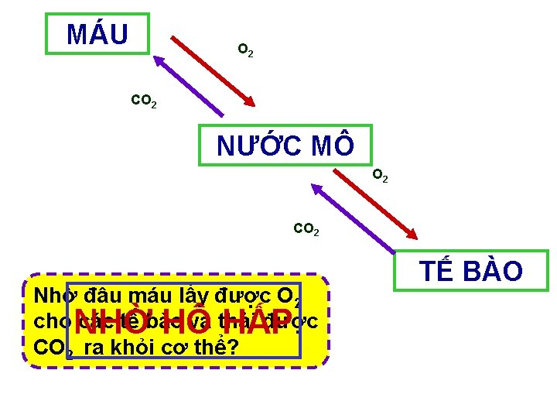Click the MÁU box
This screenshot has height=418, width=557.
pyautogui.click(x=97, y=33)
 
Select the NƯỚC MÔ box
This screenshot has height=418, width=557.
pyautogui.click(x=285, y=145)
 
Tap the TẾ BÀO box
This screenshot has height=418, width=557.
pyautogui.click(x=471, y=271)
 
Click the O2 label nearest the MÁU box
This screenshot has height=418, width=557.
pyautogui.click(x=244, y=51)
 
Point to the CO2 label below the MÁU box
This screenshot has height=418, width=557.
pyautogui.click(x=144, y=101)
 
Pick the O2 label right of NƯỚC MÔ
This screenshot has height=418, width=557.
pyautogui.click(x=380, y=176)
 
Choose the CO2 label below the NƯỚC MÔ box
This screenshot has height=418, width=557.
pyautogui.click(x=306, y=229)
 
